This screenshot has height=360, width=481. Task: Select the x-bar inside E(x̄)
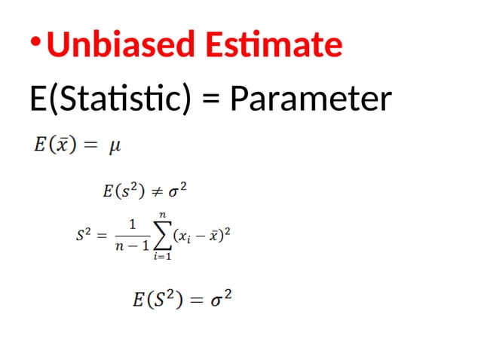click(59, 143)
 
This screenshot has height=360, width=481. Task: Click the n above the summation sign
click(161, 215)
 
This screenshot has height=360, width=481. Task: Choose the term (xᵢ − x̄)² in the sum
click(201, 236)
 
